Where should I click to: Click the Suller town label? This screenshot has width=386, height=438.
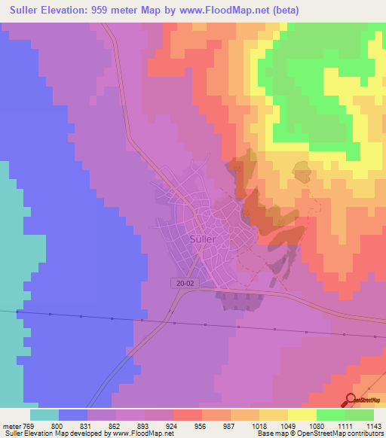(x=201, y=239)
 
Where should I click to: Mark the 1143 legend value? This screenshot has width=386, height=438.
(x=372, y=425)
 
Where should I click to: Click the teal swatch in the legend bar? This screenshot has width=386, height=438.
(x=44, y=415)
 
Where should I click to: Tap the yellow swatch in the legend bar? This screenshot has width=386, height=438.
(x=302, y=415)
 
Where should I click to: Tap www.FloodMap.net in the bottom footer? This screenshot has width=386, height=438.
(x=142, y=433)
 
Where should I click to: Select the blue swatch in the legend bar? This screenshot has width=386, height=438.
(x=74, y=415)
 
